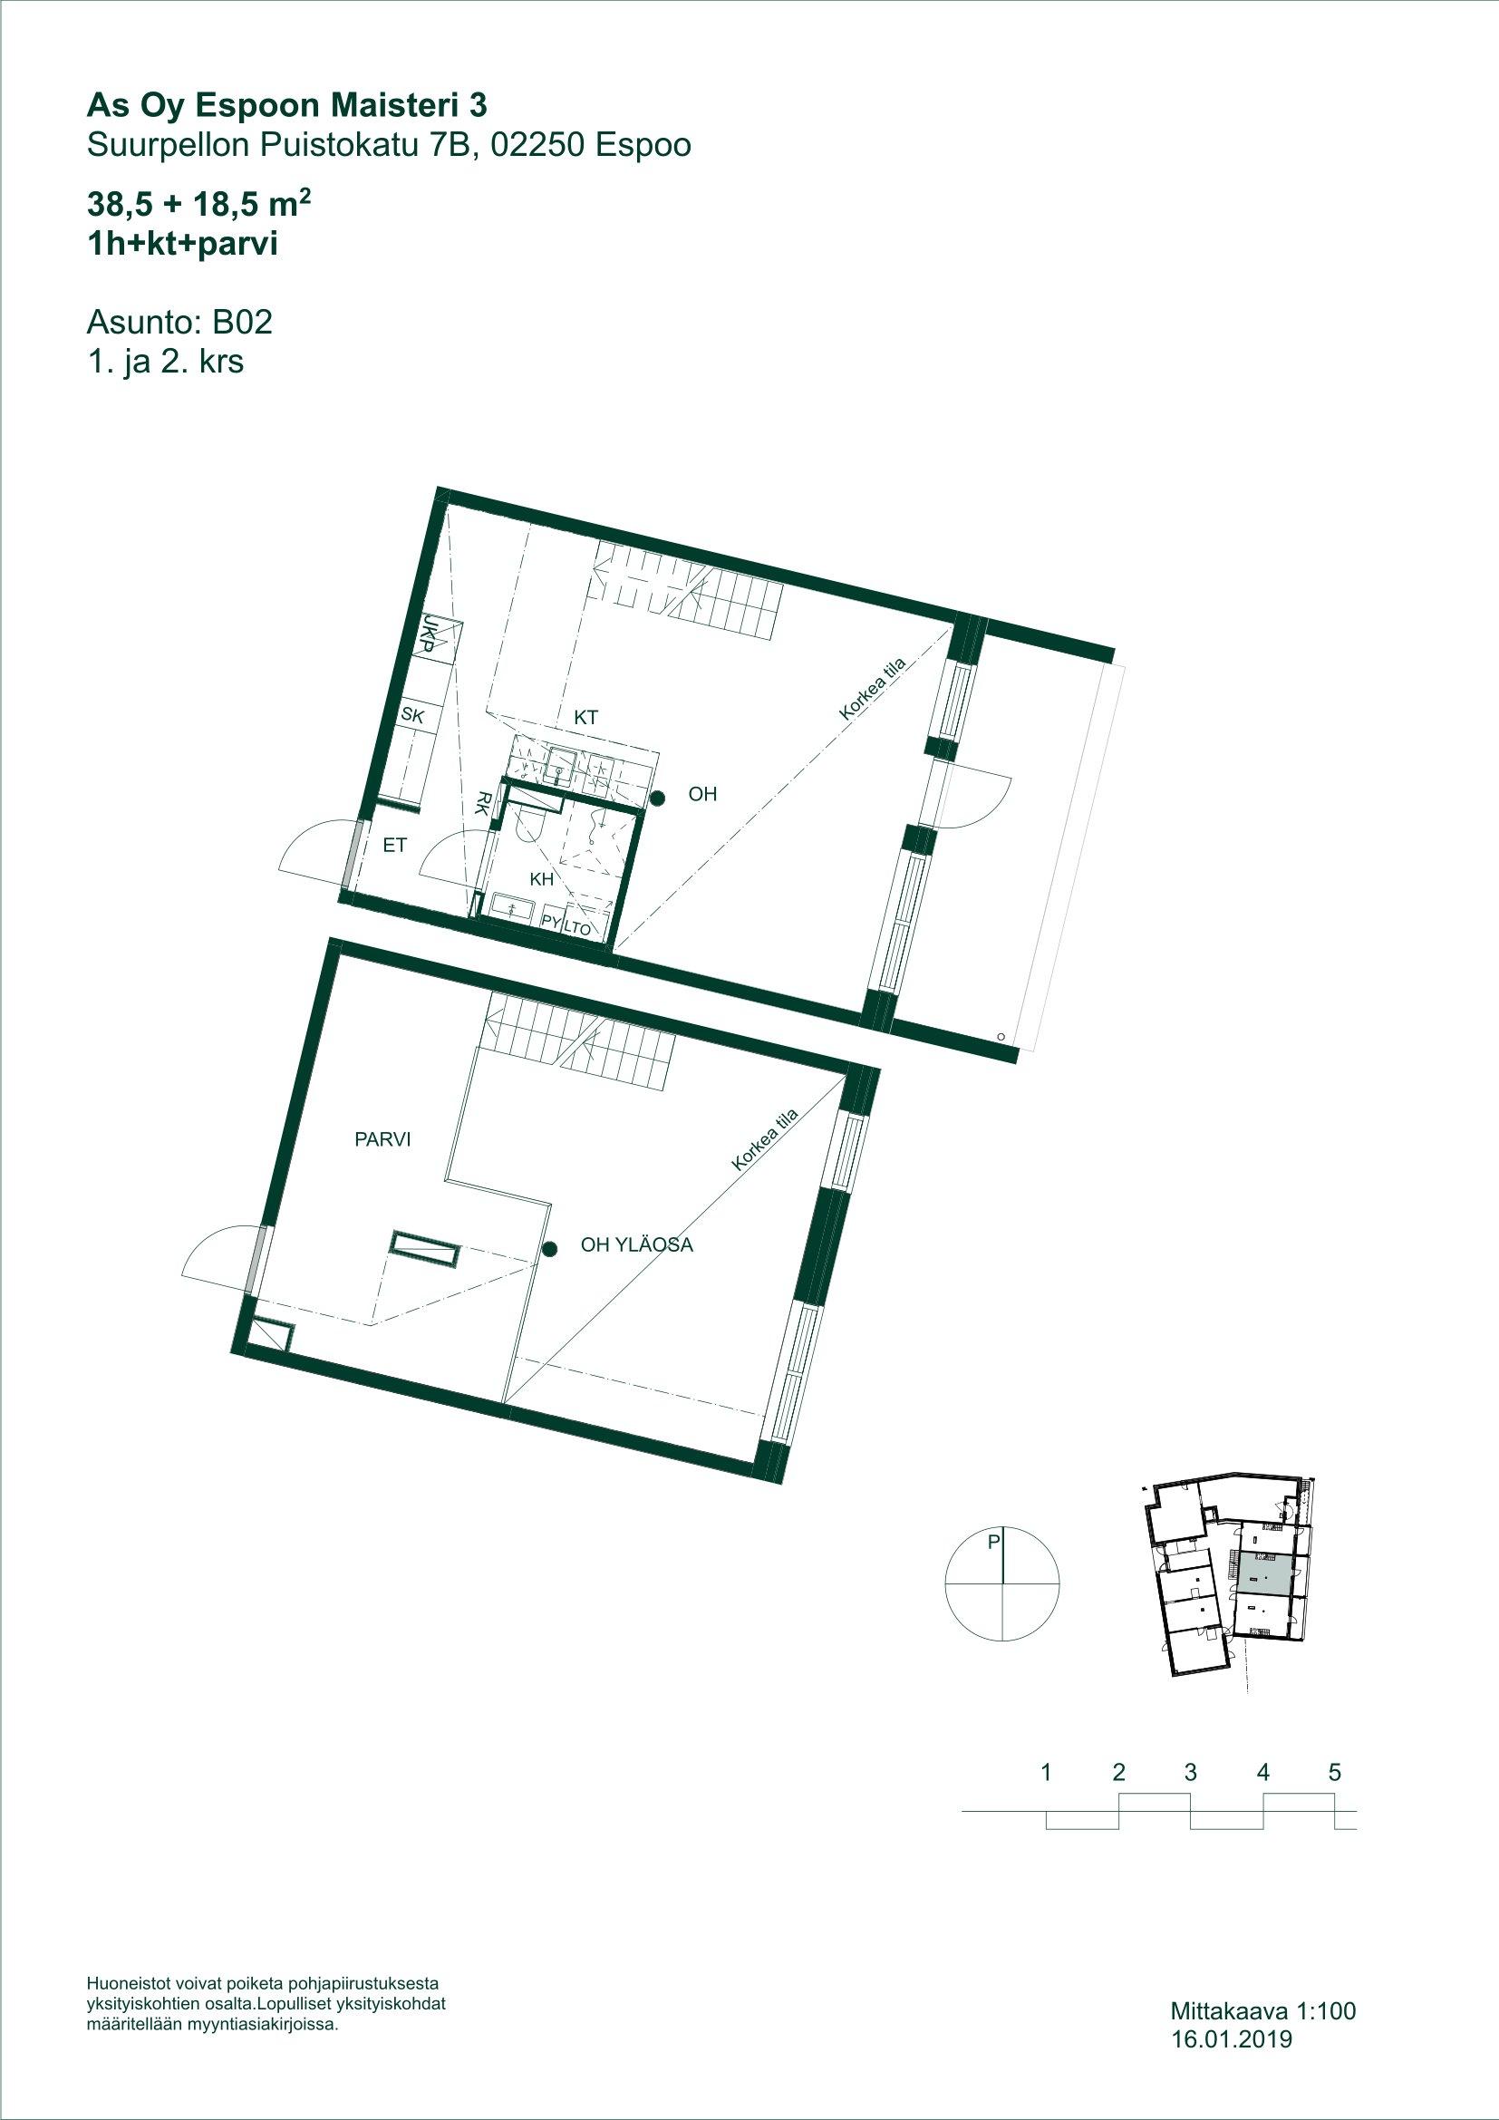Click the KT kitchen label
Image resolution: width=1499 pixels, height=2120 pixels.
(586, 717)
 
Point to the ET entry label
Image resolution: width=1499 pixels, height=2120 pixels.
(395, 845)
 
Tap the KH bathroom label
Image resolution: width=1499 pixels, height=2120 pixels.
(542, 880)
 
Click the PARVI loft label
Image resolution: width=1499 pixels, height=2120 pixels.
(382, 1140)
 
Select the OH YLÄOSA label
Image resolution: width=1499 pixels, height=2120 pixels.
(636, 1245)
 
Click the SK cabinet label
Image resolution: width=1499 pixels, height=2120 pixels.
(411, 713)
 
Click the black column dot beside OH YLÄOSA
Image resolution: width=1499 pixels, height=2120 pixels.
(549, 1249)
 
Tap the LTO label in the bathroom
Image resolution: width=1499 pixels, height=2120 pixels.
(577, 929)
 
